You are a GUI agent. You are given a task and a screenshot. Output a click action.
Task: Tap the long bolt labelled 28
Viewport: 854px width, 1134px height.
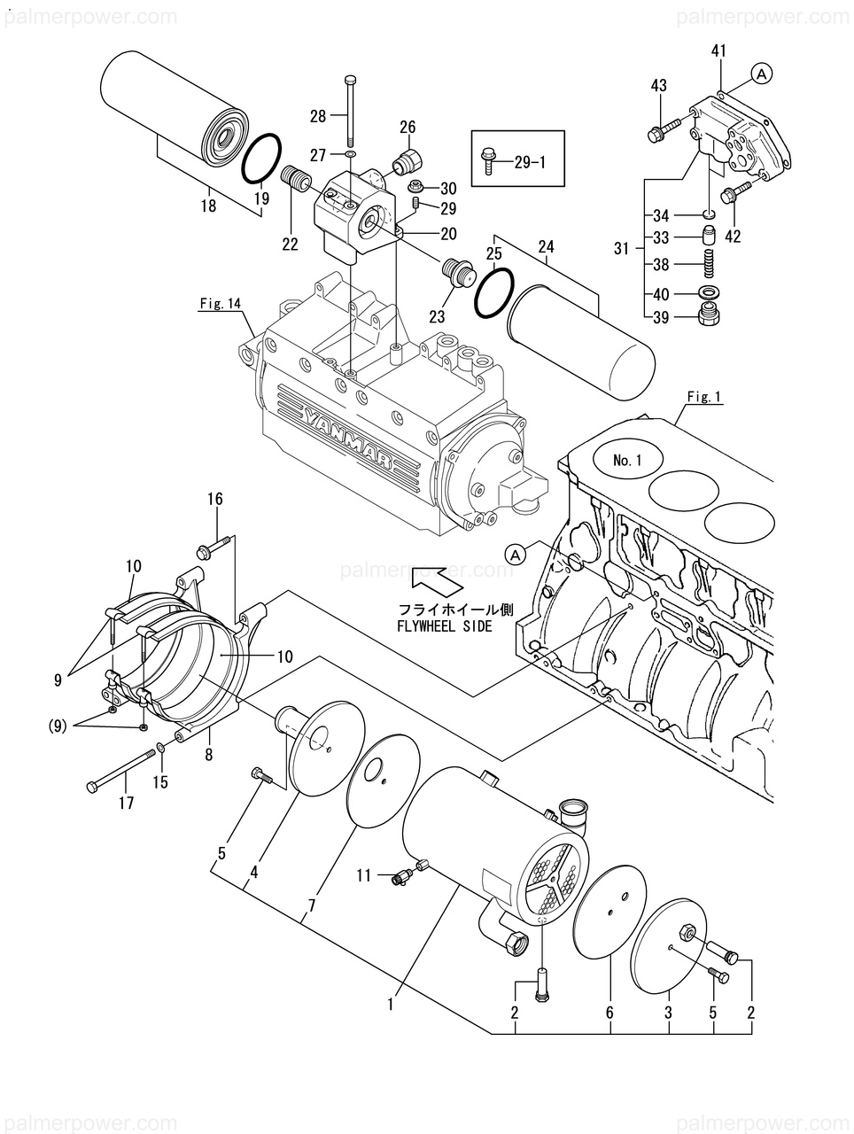coord(352,111)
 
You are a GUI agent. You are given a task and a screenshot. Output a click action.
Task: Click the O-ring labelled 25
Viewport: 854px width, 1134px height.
coord(493,293)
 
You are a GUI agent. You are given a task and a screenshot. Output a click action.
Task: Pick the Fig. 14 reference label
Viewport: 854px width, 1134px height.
coord(221,304)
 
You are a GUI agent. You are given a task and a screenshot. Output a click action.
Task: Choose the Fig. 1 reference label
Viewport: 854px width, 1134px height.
coord(704,397)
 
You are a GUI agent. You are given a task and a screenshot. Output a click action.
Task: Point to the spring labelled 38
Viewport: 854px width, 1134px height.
coord(708,264)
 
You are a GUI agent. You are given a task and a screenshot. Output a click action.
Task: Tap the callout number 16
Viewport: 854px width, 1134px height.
coord(215,500)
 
